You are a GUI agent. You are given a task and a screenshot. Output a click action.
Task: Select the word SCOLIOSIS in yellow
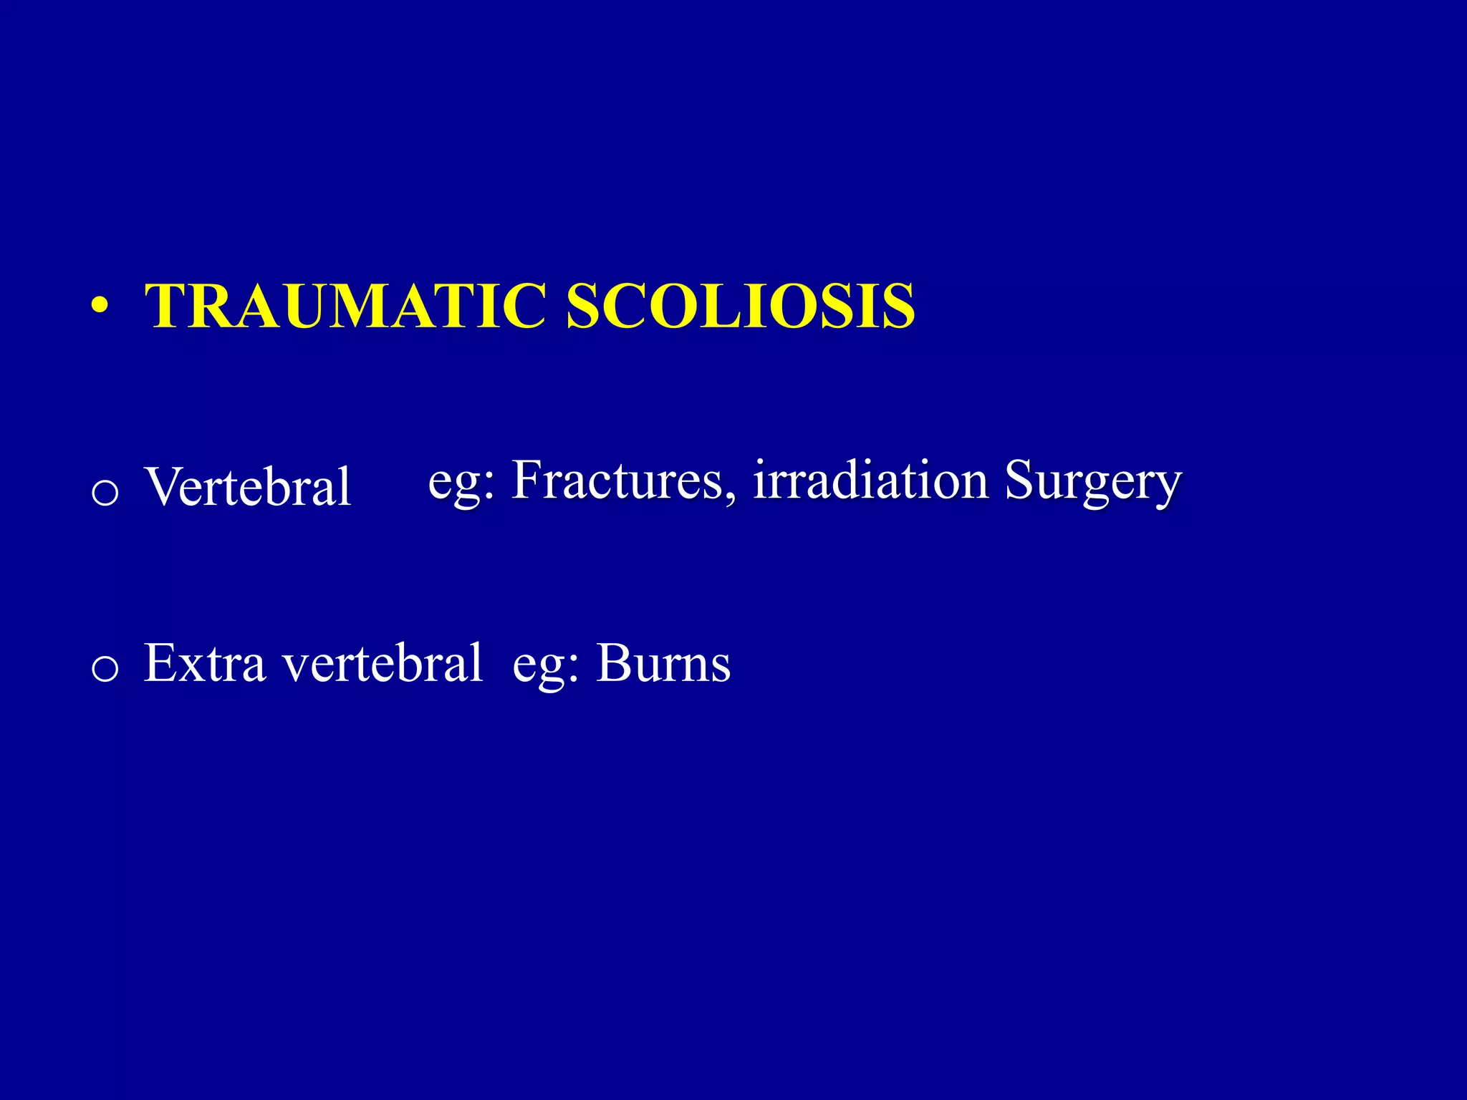coord(740,306)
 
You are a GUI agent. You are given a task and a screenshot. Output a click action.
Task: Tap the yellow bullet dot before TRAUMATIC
coord(100,307)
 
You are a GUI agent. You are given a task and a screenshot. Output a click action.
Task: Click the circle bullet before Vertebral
coord(105,493)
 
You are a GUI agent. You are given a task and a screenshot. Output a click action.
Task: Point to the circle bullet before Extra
coord(105,669)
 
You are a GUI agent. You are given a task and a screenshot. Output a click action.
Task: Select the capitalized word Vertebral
coord(248,487)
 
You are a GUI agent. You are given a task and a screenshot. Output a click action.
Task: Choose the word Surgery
coord(1092,481)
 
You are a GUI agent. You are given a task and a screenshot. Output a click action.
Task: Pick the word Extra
coord(205,663)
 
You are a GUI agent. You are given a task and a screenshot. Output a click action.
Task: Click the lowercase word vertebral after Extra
coord(383,663)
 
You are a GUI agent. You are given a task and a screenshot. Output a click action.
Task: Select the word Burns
coord(663,663)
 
